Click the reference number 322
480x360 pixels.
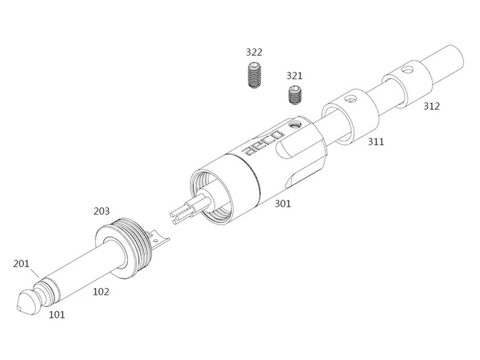[x=254, y=52]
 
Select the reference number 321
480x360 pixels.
[x=294, y=75]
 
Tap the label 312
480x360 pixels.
[x=432, y=106]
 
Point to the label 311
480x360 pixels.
[x=376, y=141]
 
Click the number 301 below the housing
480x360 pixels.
[x=283, y=203]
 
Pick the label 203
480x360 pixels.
[x=102, y=211]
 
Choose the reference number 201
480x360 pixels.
[x=21, y=263]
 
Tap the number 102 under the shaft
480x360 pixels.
[x=101, y=292]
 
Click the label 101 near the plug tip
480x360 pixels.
[x=57, y=314]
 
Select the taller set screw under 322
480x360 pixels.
[x=254, y=75]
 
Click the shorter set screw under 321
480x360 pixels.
[x=295, y=95]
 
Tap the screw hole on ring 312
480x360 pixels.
[x=407, y=70]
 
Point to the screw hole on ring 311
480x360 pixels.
[x=350, y=99]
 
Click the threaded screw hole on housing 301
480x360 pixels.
[x=296, y=124]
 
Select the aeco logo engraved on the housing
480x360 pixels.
[x=263, y=143]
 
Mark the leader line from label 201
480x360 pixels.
[x=34, y=272]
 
